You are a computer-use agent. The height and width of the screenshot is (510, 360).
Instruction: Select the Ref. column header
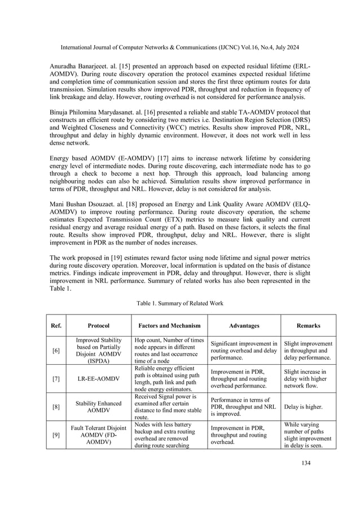point(56,325)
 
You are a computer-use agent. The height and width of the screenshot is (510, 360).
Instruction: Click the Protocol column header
point(99,325)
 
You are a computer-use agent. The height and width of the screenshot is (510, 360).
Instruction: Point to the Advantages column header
point(244,325)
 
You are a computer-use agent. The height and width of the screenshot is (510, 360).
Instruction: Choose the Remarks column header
point(309,325)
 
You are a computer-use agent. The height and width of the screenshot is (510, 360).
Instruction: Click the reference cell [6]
point(56,351)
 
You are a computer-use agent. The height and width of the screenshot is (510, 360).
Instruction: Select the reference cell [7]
point(56,378)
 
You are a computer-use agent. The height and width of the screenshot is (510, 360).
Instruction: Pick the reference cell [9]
point(56,434)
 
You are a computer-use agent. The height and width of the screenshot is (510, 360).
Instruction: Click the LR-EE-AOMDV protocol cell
point(99,378)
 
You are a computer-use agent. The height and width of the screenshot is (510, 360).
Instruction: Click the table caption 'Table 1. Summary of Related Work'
point(179,303)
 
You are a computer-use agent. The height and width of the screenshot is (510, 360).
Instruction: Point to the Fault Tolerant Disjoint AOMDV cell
point(99,435)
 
